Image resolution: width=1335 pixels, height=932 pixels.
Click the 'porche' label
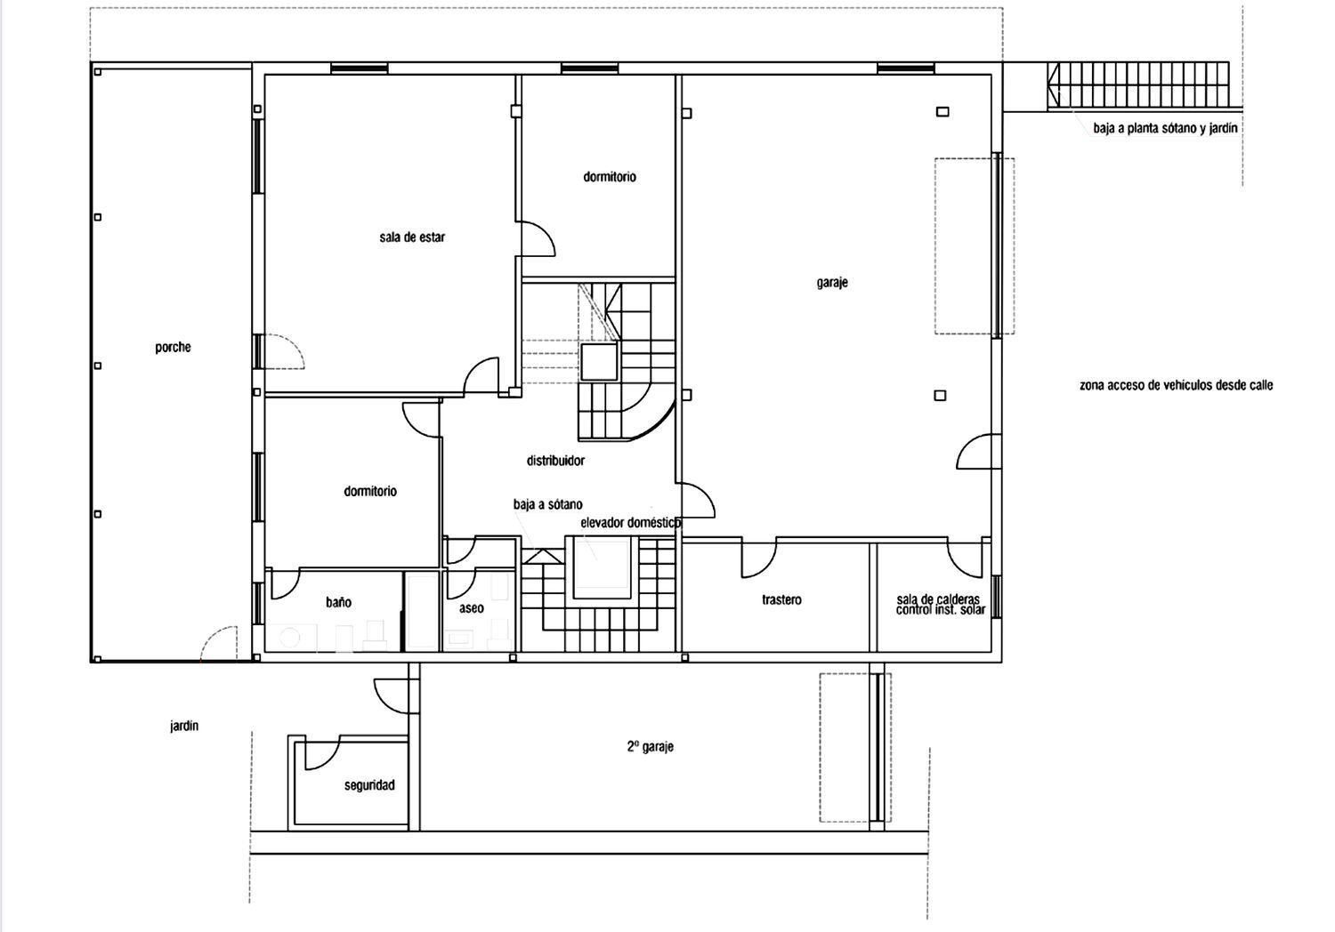coord(173,348)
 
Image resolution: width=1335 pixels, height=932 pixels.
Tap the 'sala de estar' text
coord(412,237)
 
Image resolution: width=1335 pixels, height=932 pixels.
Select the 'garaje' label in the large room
coord(832,283)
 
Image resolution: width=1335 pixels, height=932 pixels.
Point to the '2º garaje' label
coord(650,747)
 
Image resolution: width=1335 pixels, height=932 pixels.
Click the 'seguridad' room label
coord(369,785)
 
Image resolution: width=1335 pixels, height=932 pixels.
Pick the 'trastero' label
coord(781,600)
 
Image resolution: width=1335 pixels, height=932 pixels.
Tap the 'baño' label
coord(338,602)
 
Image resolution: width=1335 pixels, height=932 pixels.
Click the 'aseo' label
coord(472,608)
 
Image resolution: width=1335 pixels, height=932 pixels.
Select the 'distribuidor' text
coord(555,461)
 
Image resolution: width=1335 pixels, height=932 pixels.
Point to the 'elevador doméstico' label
coord(630,523)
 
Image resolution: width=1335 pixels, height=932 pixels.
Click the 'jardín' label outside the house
coord(184,726)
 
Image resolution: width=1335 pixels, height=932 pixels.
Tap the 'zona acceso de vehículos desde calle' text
coord(1176,385)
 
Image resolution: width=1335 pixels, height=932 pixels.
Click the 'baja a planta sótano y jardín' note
coord(1165,128)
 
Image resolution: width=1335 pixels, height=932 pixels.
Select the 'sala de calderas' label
coord(938,599)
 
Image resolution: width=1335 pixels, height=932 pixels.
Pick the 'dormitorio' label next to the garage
coord(610,177)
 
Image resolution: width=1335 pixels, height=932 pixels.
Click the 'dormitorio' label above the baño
coord(370,491)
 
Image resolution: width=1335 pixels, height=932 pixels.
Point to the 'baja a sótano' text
coord(547,504)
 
